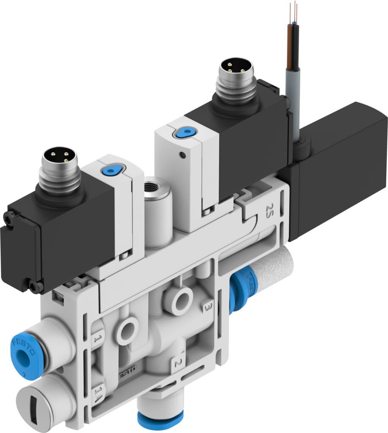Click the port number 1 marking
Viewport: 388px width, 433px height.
tap(97, 339)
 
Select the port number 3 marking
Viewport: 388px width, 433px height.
tap(207, 306)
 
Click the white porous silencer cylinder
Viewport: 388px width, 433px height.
tap(273, 275)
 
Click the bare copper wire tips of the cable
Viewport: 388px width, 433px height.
tap(292, 11)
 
